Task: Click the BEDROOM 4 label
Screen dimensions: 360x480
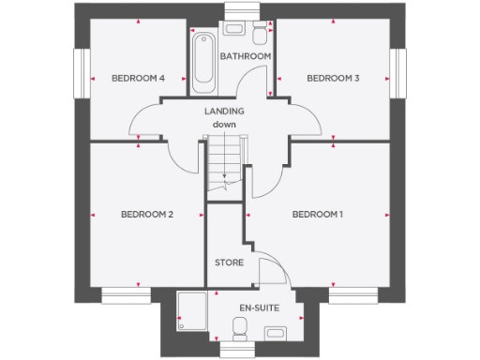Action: [138, 79]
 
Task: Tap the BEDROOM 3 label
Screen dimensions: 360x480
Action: [332, 79]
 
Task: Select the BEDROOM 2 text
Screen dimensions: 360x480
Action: [147, 215]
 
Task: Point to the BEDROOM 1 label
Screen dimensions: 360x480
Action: [318, 215]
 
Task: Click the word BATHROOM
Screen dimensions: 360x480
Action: [246, 56]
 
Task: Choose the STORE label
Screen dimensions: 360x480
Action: [230, 262]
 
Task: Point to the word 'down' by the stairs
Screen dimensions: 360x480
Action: [223, 125]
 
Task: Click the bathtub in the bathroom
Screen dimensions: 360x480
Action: [202, 62]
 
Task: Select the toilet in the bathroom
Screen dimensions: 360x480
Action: [260, 35]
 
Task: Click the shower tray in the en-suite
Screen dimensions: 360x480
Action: [193, 309]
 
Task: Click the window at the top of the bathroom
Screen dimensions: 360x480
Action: [240, 12]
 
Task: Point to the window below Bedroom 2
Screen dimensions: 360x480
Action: [127, 295]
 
